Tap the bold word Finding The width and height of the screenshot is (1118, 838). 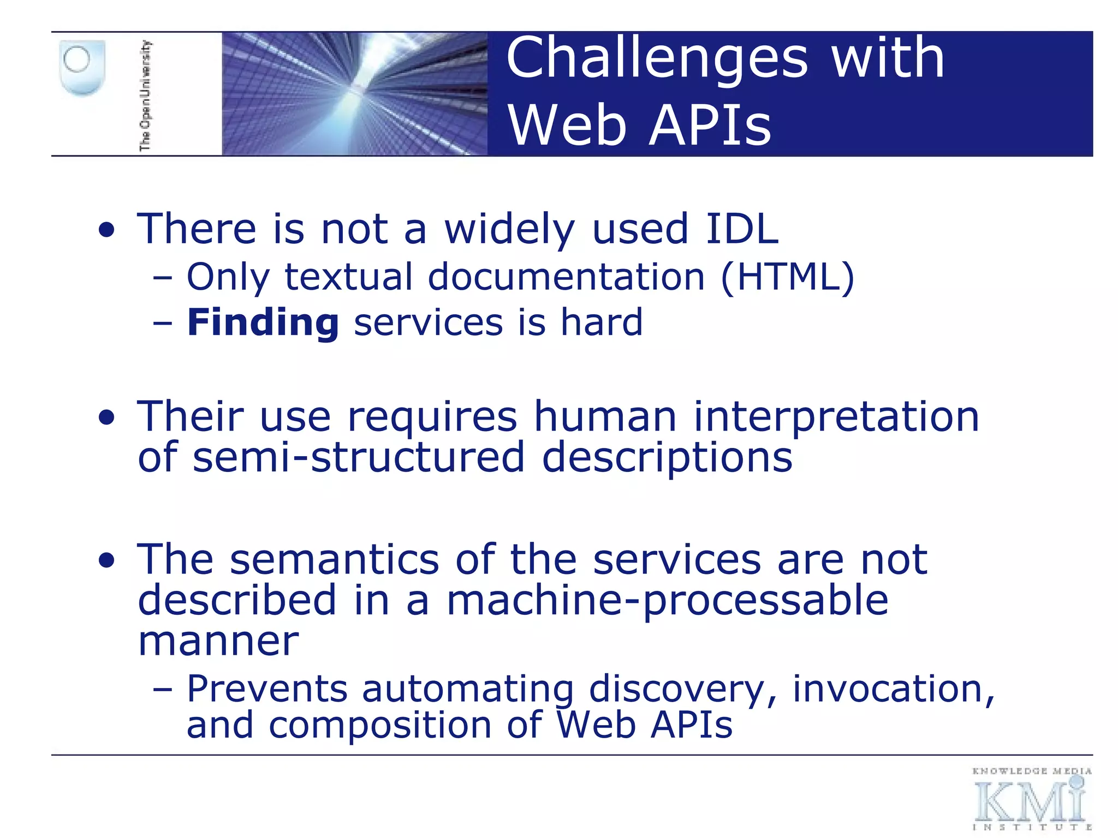pyautogui.click(x=263, y=322)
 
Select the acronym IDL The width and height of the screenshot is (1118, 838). pyautogui.click(x=742, y=229)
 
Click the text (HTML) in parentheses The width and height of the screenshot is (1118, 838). pyautogui.click(x=787, y=277)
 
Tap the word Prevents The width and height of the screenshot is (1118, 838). pyautogui.click(x=267, y=689)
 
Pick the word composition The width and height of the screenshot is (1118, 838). pyautogui.click(x=380, y=725)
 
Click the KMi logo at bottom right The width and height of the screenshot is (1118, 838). pyautogui.click(x=1031, y=799)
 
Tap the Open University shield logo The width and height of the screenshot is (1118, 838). pyautogui.click(x=82, y=68)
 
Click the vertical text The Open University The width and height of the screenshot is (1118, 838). pyautogui.click(x=145, y=95)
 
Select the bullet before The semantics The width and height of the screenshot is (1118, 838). pyautogui.click(x=107, y=561)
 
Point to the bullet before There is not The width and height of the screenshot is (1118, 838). pyautogui.click(x=107, y=231)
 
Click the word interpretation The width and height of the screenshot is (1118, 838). pyautogui.click(x=836, y=417)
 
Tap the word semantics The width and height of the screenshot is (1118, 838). pyautogui.click(x=334, y=560)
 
